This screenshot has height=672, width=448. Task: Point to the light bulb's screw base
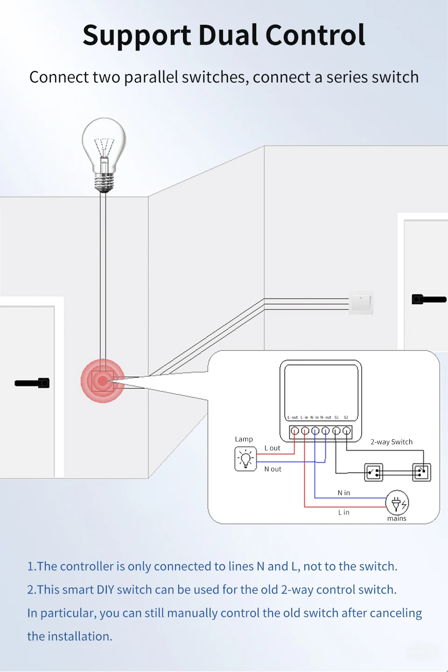(104, 183)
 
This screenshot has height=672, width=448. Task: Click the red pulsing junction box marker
(103, 381)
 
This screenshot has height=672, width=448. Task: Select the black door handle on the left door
(32, 383)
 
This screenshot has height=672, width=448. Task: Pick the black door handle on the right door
(429, 299)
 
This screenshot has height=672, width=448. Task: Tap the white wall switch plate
(361, 303)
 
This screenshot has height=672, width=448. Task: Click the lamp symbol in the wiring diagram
(245, 459)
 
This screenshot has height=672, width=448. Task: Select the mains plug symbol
(397, 503)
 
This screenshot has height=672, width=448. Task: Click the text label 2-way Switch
(392, 442)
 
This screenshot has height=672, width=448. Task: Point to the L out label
(273, 448)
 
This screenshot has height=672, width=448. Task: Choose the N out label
(273, 469)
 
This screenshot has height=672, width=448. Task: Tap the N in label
(344, 493)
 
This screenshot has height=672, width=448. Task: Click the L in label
(344, 513)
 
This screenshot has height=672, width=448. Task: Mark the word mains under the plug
(397, 519)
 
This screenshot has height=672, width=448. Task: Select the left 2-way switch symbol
(373, 473)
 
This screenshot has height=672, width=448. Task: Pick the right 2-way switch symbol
(421, 472)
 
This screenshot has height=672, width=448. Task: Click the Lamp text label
(244, 439)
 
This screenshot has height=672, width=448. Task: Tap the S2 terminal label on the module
(346, 417)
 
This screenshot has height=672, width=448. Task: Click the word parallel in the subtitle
(151, 78)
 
